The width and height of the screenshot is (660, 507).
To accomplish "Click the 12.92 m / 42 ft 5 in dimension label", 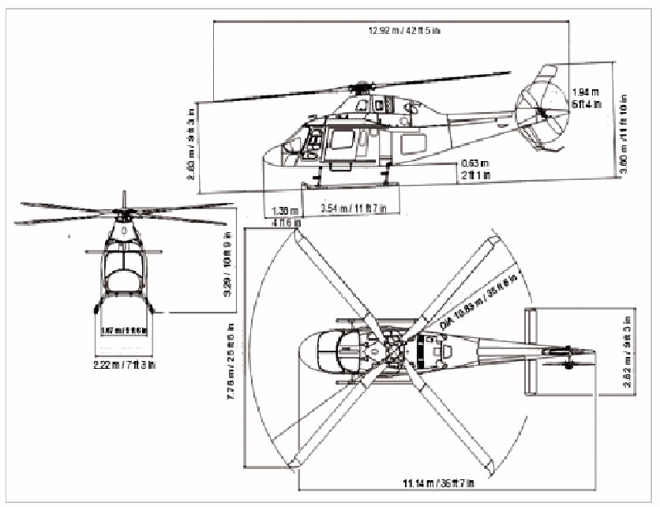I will tap(393, 31).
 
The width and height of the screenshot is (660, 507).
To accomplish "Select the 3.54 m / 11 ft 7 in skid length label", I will tap(353, 208).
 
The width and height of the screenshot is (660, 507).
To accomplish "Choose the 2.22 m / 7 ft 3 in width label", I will tap(125, 364).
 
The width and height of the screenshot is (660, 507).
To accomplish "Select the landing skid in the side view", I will tap(347, 186).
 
